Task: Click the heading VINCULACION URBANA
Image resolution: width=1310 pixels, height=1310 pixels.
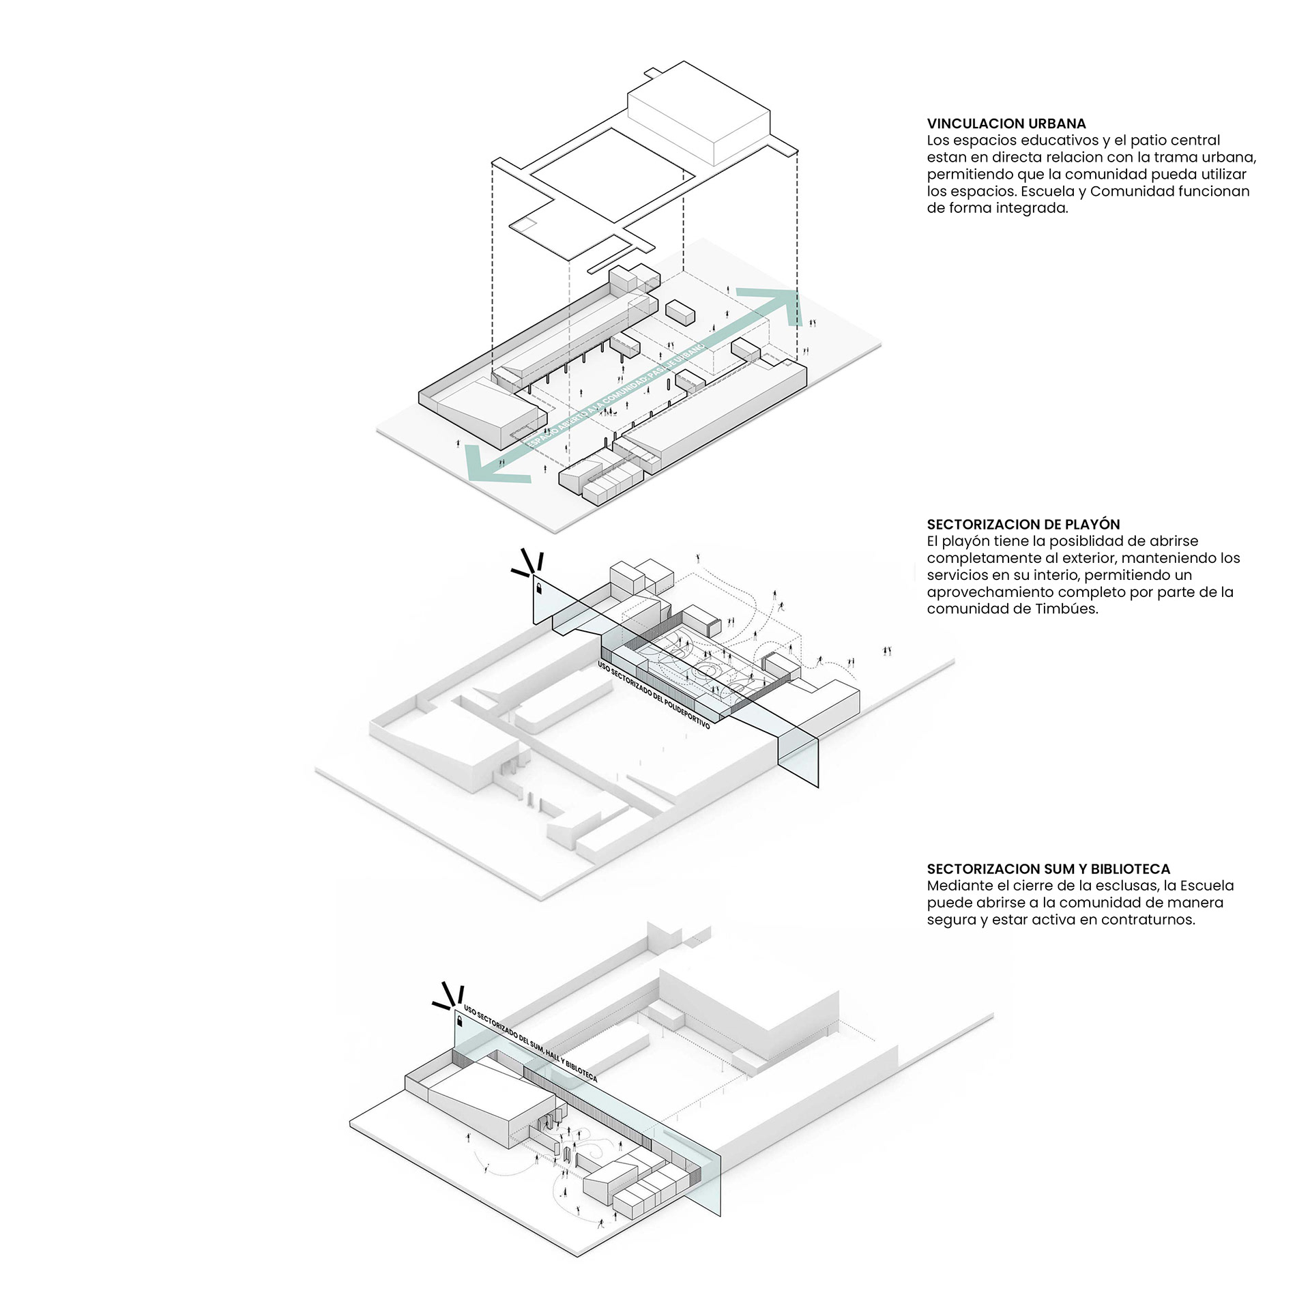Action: click(1006, 123)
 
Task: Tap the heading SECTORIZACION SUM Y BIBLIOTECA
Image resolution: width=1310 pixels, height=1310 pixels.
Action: click(1048, 869)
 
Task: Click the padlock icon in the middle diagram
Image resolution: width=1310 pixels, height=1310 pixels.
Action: click(538, 587)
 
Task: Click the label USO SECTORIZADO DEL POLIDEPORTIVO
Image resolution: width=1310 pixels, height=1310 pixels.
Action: click(654, 695)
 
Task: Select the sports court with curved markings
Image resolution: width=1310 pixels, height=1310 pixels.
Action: click(706, 668)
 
